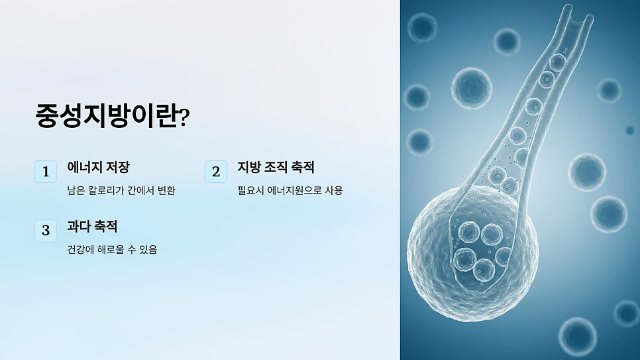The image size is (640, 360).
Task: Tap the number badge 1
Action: [x=46, y=172]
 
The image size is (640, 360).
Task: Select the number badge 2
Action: [x=216, y=172]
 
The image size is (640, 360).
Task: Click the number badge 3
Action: [x=46, y=230]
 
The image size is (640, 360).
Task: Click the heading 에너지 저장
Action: [x=98, y=168]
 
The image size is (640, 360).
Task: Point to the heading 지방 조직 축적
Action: [x=276, y=168]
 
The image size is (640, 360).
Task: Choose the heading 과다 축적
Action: [x=92, y=226]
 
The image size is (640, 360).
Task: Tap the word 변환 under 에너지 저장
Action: [x=167, y=191]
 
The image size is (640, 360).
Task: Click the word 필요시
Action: [x=250, y=191]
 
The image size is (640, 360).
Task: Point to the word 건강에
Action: [x=81, y=250]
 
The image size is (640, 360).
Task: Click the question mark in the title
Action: [x=185, y=118]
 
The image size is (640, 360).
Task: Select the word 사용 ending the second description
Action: [x=334, y=191]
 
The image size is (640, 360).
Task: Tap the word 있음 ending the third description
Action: [x=148, y=250]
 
